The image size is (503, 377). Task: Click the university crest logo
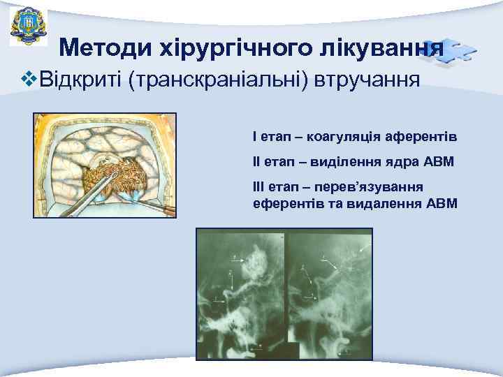point(24,26)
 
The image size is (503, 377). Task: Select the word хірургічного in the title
point(221,47)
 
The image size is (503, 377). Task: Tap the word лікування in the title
point(377,47)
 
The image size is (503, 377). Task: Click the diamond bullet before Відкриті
point(29,80)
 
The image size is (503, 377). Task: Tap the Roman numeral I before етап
point(255,136)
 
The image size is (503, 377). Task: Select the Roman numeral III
point(258,188)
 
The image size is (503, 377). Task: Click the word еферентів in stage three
point(284,203)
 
